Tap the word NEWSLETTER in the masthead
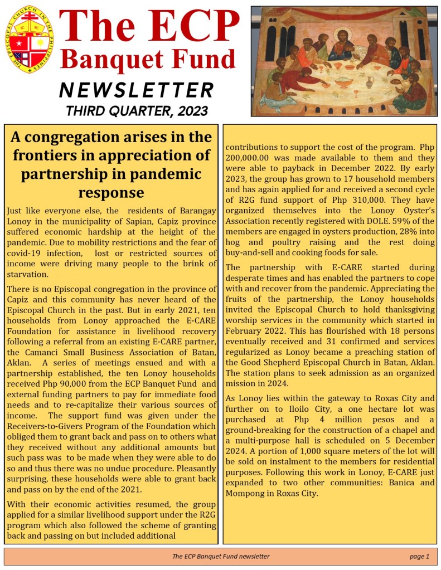(x=137, y=89)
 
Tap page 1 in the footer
(x=419, y=556)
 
